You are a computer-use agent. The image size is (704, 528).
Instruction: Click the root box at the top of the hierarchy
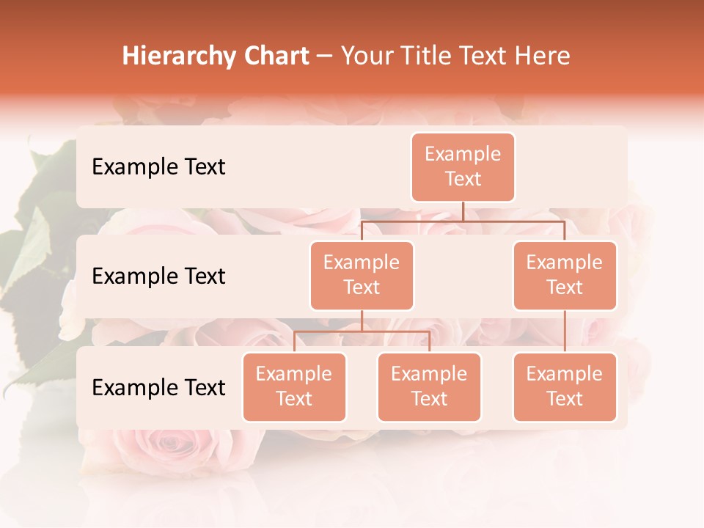[x=463, y=167]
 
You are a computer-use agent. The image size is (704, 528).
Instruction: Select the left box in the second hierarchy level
[x=362, y=275]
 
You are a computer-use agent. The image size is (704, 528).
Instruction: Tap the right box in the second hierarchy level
[x=565, y=275]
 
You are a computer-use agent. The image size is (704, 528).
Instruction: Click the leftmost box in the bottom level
[x=294, y=386]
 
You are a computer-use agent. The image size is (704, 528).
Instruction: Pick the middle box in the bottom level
[x=429, y=386]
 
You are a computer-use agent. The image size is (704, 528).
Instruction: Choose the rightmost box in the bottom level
[x=565, y=386]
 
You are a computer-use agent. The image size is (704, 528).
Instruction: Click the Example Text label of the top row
[x=158, y=167]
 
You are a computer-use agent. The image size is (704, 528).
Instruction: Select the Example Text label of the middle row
[x=158, y=276]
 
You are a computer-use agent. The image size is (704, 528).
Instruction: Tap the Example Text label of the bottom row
[x=158, y=387]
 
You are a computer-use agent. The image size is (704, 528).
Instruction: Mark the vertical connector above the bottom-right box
[x=565, y=331]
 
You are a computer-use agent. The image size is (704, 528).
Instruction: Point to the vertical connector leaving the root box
[x=463, y=211]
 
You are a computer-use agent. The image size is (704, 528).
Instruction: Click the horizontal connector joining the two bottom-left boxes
[x=362, y=331]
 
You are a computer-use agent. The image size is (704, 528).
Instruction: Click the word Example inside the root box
[x=463, y=154]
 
